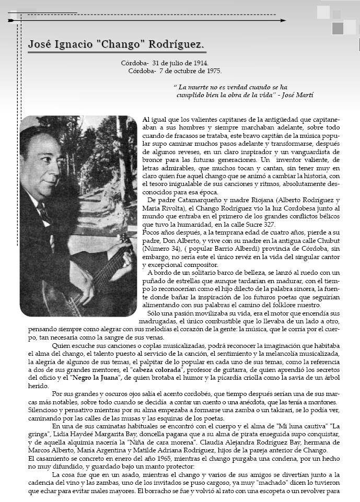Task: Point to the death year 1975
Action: point(213,71)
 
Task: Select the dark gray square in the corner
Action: point(338,28)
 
